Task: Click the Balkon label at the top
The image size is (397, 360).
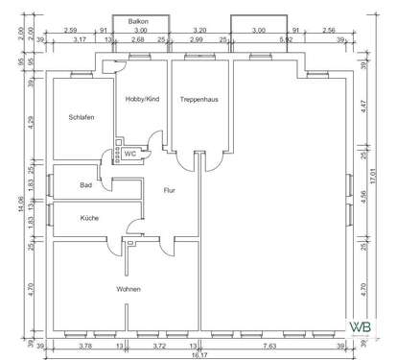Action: (x=140, y=20)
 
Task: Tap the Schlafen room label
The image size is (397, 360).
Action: (x=82, y=117)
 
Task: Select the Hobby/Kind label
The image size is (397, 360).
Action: (x=141, y=99)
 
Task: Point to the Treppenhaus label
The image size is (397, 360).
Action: (x=200, y=99)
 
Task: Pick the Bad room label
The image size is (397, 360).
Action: (x=85, y=184)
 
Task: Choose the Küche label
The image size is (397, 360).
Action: (x=90, y=218)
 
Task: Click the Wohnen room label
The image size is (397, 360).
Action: (x=128, y=289)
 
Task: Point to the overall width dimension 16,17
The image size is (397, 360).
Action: (x=198, y=353)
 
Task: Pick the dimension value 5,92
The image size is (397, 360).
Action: (x=286, y=39)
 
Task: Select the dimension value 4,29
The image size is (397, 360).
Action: (x=31, y=122)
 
